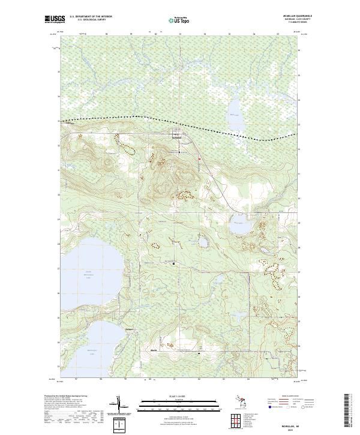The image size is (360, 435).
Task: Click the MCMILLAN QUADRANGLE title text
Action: pyautogui.click(x=292, y=16)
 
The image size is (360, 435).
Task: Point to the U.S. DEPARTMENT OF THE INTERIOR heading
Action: pyautogui.click(x=95, y=17)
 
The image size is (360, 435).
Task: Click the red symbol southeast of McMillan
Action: pyautogui.click(x=199, y=158)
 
